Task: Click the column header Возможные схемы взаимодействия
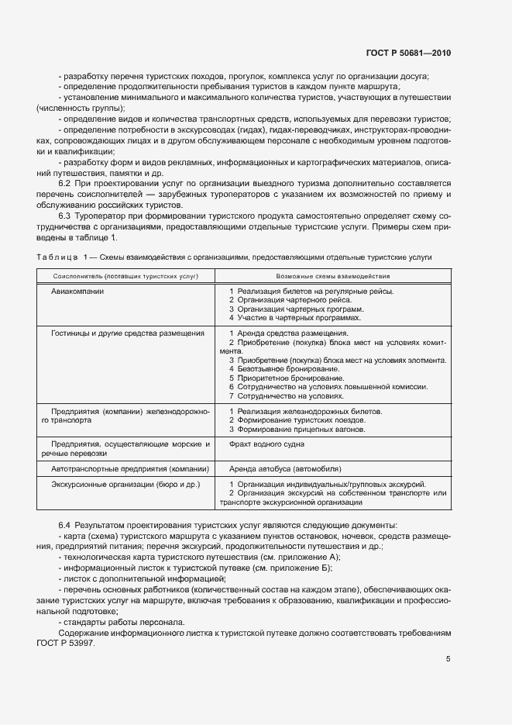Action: pos(333,275)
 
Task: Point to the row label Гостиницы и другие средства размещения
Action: pos(128,333)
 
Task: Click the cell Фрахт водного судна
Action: pos(266,444)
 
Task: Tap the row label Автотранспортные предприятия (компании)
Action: pos(130,469)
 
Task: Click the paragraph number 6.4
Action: pos(66,526)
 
